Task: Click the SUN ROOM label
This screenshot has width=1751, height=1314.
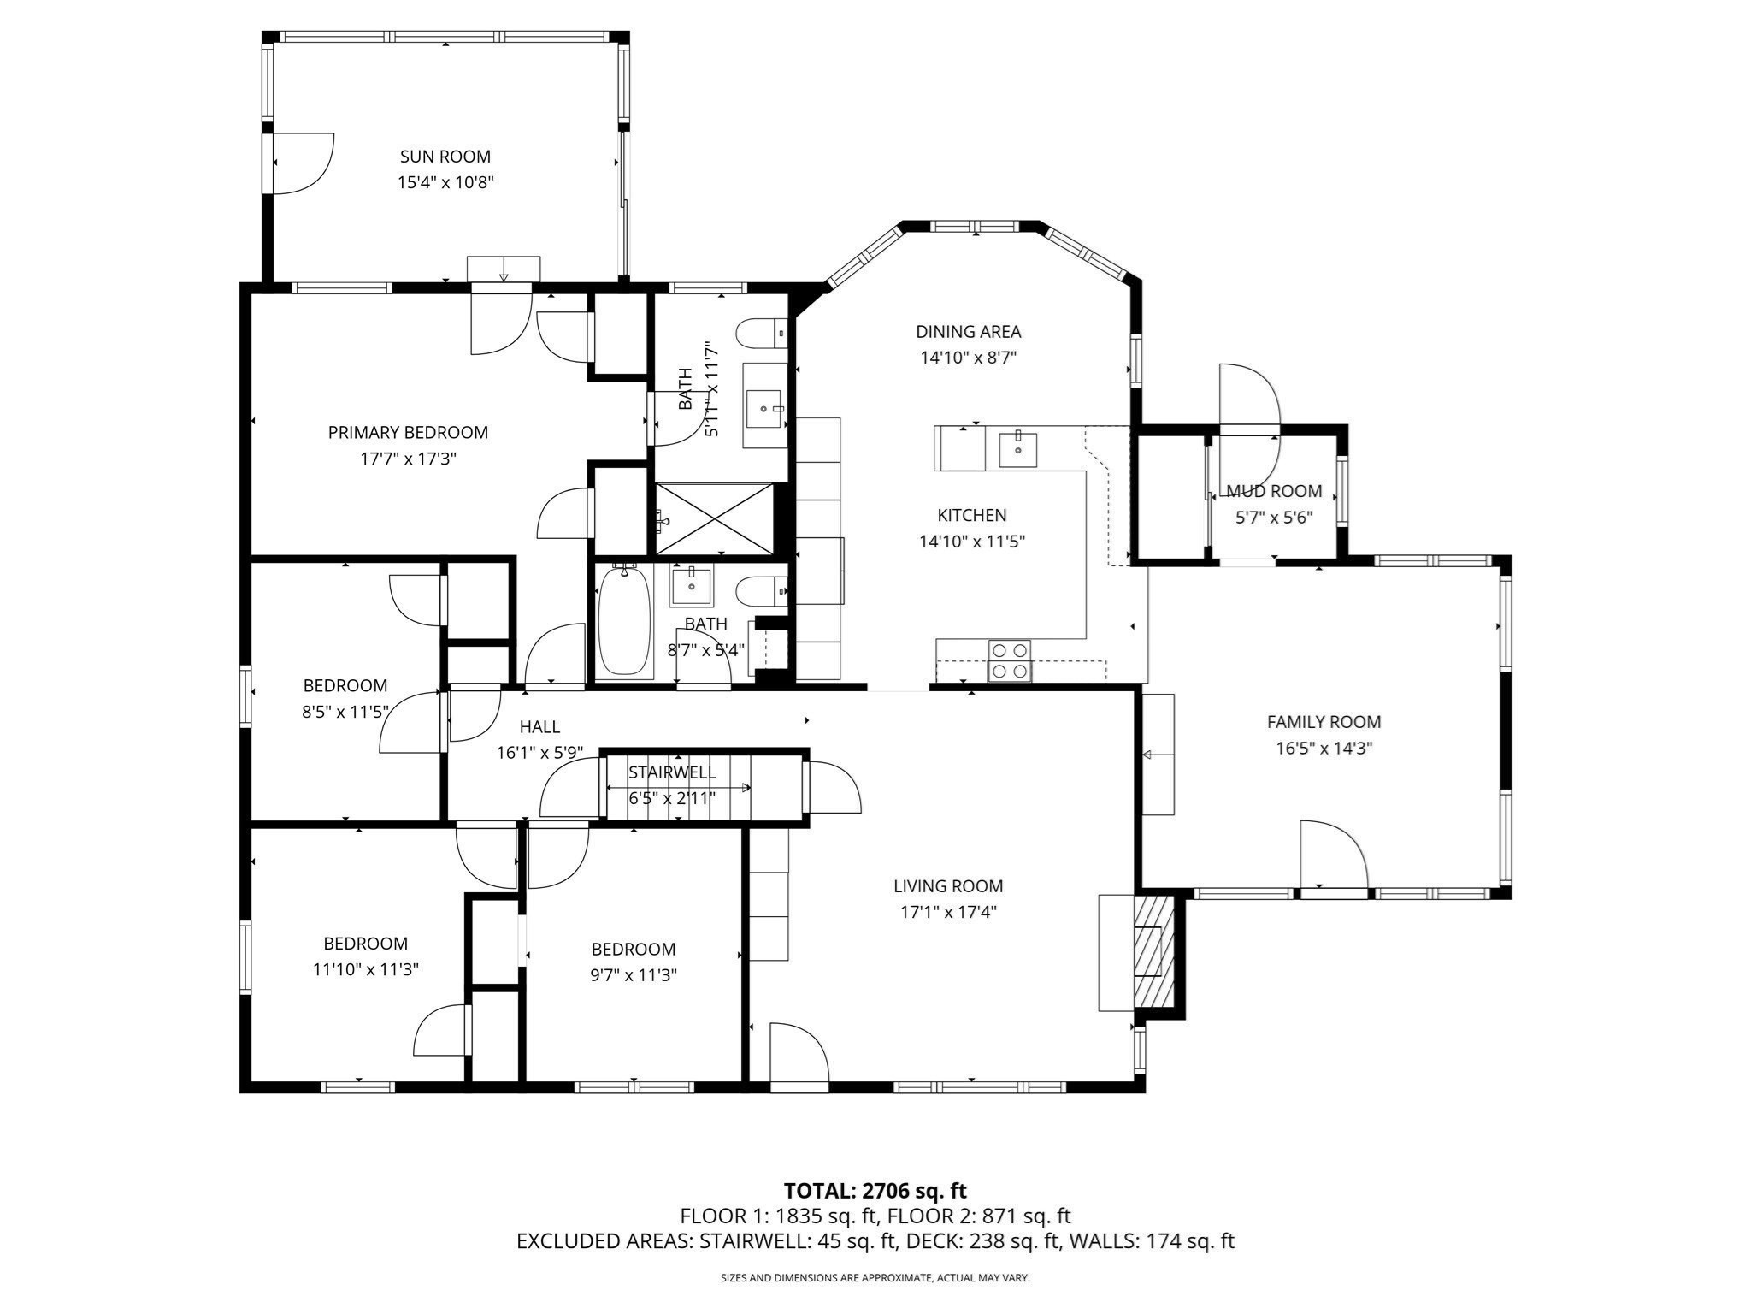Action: [445, 157]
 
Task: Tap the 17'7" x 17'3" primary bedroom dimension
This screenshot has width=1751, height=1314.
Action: [408, 459]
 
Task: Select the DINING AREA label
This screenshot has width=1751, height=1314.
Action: [968, 332]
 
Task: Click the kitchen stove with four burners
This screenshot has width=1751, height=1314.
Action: [1010, 660]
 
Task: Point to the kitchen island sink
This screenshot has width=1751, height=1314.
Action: [1017, 449]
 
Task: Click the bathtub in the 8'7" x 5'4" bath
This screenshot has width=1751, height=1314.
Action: [623, 621]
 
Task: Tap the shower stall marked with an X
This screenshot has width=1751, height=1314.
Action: [714, 519]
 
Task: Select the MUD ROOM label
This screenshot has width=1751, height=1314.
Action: [1274, 491]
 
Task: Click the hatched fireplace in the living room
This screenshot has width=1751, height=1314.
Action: [1154, 951]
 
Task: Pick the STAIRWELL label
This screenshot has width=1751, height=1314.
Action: [672, 772]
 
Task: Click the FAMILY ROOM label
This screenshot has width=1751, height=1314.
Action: [1324, 722]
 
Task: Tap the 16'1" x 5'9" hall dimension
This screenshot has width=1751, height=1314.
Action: [539, 753]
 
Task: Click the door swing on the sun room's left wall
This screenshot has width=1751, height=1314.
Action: [303, 163]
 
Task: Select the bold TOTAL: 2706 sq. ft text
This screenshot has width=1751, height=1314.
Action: [875, 1191]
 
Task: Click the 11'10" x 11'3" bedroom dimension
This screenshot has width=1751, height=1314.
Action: [365, 969]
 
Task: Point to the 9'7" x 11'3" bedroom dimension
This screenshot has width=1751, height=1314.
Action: [634, 975]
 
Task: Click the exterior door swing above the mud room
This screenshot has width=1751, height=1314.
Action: [1248, 395]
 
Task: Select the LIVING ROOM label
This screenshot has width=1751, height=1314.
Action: [948, 886]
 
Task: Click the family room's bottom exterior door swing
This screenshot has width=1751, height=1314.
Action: [1332, 855]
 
